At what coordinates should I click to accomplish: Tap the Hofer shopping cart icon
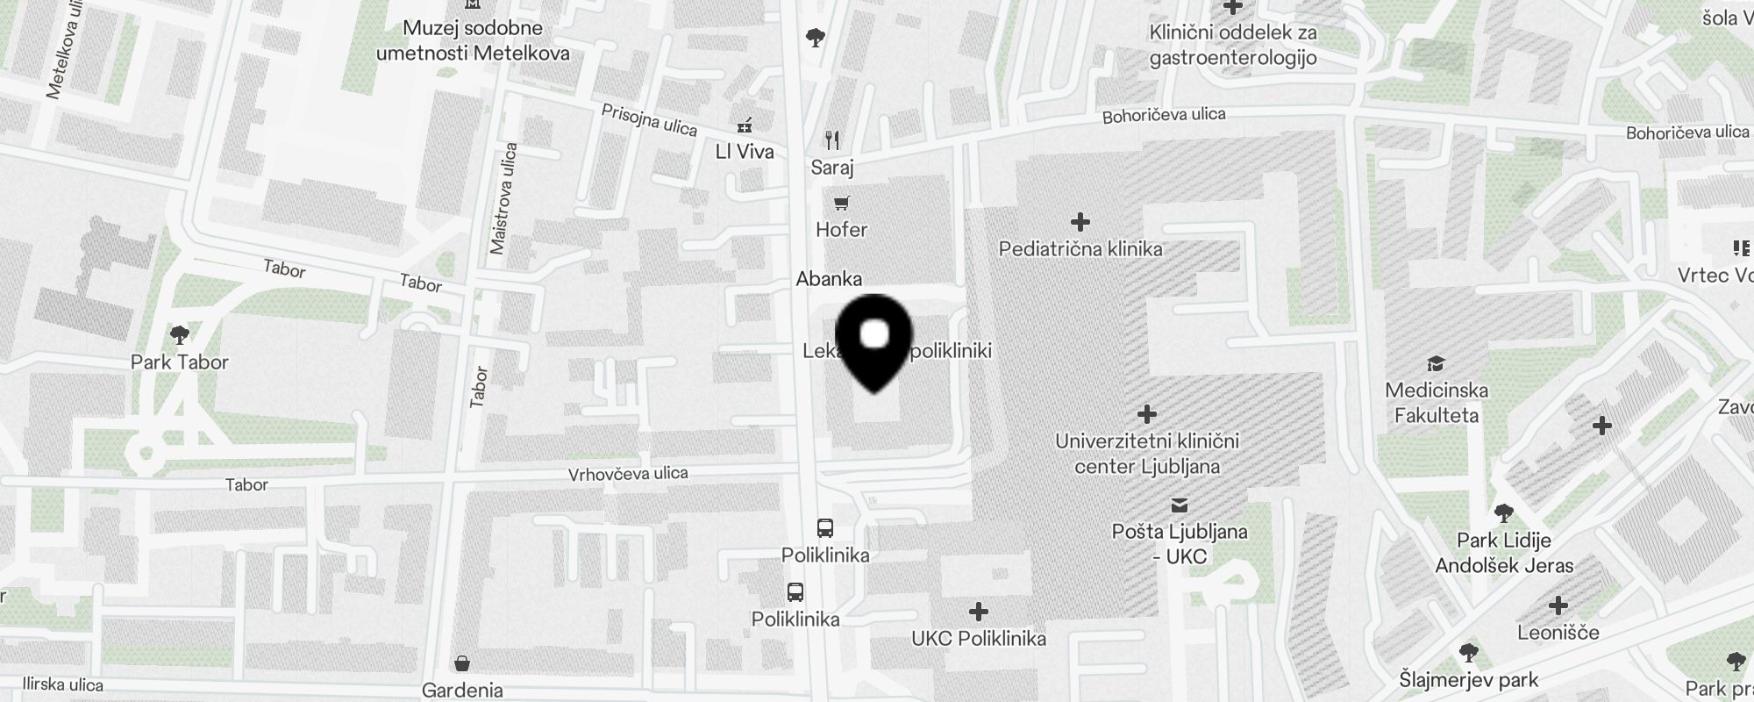841,204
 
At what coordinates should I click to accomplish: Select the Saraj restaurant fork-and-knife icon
832,140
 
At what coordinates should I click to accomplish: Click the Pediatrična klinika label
1080,249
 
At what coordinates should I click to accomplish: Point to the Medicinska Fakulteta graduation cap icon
1436,363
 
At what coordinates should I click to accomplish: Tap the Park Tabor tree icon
180,334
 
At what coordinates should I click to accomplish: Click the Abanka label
829,279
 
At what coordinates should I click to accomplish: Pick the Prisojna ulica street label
649,120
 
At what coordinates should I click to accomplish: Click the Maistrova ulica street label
504,199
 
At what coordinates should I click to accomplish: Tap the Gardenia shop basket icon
462,663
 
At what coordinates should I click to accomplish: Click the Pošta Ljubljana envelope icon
1180,505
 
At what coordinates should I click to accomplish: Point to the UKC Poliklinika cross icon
979,611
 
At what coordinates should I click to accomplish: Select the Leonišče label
1558,633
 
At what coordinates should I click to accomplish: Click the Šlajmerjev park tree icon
1468,652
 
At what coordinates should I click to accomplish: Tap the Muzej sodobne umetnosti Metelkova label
473,40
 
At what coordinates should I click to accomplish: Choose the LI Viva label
745,152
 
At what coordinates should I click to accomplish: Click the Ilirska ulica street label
62,685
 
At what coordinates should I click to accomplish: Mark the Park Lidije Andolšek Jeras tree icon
1504,512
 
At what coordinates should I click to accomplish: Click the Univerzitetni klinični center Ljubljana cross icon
1147,413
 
